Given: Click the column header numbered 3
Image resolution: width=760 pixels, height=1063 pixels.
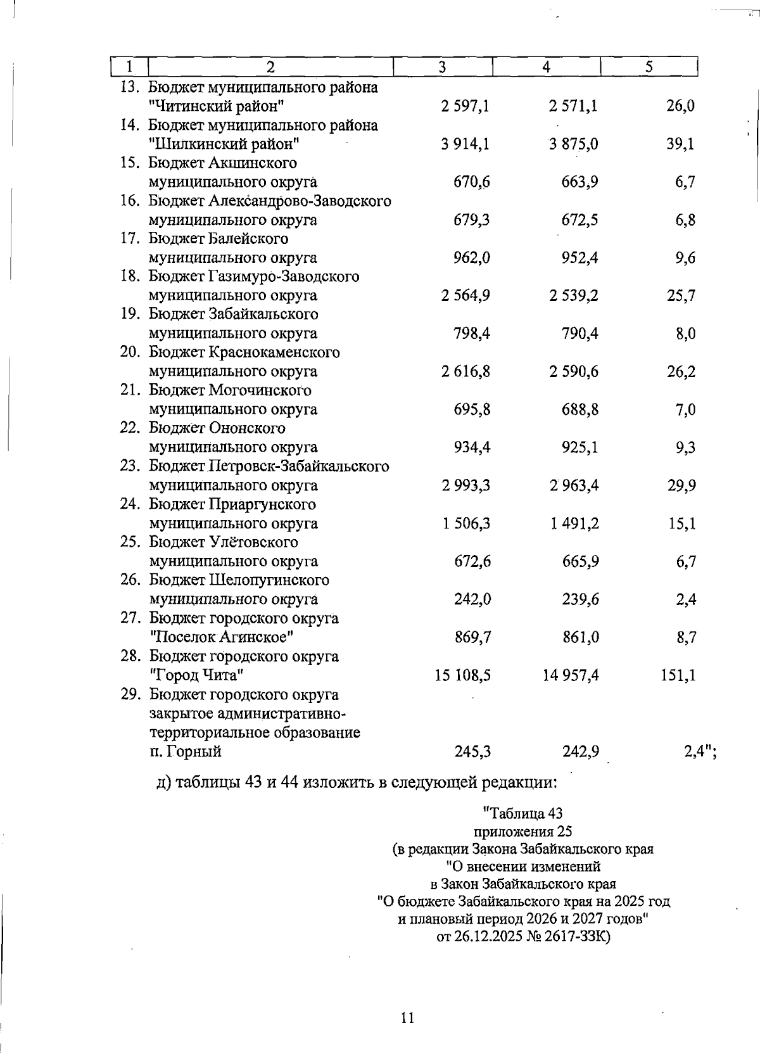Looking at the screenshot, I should click(442, 67).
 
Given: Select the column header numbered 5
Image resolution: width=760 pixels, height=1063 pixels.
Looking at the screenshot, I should click(649, 67).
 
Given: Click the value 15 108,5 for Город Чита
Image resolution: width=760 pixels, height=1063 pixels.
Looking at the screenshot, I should click(462, 675).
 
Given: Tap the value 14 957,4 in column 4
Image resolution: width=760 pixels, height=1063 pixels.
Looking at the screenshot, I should click(571, 675).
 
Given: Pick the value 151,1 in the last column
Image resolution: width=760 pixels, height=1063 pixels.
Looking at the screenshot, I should click(678, 675).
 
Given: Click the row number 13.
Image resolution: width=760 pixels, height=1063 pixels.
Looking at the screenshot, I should click(129, 87).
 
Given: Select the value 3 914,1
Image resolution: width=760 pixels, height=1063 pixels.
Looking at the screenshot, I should click(465, 144).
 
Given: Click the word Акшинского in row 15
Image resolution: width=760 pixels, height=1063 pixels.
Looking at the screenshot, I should click(252, 163).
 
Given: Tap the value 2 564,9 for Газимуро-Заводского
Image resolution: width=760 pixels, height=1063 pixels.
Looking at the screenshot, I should click(465, 296).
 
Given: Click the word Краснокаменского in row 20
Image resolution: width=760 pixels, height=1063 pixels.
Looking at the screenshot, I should click(274, 352).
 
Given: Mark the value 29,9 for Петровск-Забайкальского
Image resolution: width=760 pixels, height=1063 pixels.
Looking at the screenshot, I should click(681, 486).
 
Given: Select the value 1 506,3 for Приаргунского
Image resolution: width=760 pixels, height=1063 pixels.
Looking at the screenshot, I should click(465, 524).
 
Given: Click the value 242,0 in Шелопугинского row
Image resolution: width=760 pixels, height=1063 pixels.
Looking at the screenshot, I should click(472, 599).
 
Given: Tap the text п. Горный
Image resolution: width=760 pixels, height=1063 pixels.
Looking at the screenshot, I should click(185, 752).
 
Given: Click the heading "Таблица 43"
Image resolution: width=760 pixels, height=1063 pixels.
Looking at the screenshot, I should click(522, 813).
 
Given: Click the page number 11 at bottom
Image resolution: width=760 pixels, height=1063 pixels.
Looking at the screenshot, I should click(407, 1018).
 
